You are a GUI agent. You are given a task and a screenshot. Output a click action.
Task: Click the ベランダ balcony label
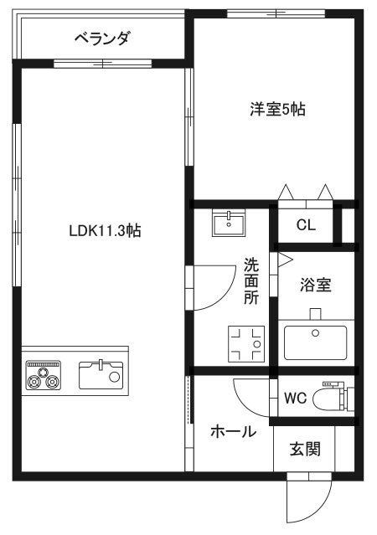[x=102, y=38]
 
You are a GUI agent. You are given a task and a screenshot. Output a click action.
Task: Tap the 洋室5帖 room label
[x=277, y=109]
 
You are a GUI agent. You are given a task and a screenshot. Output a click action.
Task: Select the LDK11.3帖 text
[x=105, y=231]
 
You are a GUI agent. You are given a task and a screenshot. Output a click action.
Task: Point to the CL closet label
[x=306, y=225]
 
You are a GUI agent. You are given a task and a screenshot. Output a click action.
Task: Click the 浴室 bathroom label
[x=316, y=285]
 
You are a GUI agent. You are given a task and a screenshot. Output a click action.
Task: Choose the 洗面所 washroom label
[x=251, y=281]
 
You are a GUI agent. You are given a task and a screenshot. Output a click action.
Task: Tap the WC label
[x=296, y=398]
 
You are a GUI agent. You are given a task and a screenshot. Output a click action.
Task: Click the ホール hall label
[x=233, y=432]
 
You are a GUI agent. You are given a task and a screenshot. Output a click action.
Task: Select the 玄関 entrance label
[x=305, y=449]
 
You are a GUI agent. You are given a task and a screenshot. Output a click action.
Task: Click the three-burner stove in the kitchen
[x=44, y=375]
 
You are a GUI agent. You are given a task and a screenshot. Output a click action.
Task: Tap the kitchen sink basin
[x=101, y=375]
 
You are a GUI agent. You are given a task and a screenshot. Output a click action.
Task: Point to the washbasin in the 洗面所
[x=229, y=223]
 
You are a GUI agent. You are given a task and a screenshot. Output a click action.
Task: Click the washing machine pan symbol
[x=246, y=343]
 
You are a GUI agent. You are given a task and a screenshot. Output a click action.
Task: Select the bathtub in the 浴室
[x=316, y=342]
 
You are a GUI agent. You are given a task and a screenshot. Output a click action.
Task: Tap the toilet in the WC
[x=338, y=398]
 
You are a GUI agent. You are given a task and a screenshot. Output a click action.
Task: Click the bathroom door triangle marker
[x=285, y=260]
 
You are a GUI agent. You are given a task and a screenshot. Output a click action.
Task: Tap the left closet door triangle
[x=286, y=192]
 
